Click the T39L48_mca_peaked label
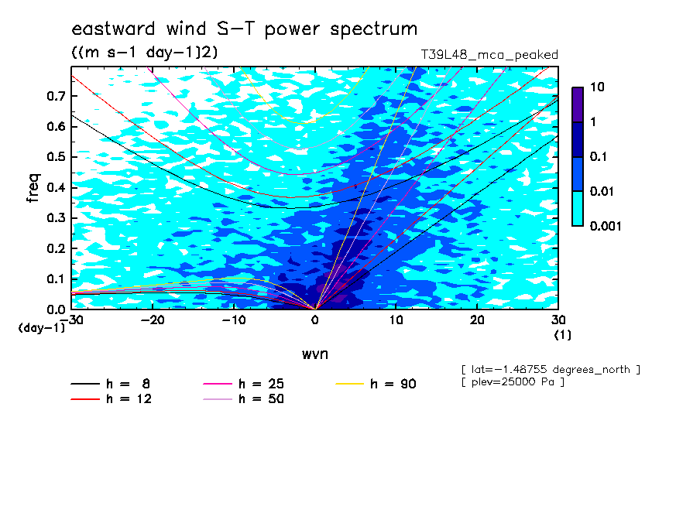pyautogui.click(x=489, y=55)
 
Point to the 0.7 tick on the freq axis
pyautogui.click(x=57, y=96)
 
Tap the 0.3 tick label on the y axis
pyautogui.click(x=57, y=217)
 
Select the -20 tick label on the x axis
pyautogui.click(x=153, y=320)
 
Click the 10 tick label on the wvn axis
pyautogui.click(x=396, y=320)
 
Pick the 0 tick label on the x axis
pyautogui.click(x=315, y=320)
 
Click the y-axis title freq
pyautogui.click(x=33, y=188)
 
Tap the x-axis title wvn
pyautogui.click(x=314, y=354)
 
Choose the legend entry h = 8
pyautogui.click(x=110, y=384)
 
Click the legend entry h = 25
pyautogui.click(x=243, y=384)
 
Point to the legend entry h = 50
pyautogui.click(x=243, y=399)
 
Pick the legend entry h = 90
pyautogui.click(x=376, y=384)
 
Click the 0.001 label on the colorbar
pyautogui.click(x=606, y=226)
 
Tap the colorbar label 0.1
pyautogui.click(x=598, y=156)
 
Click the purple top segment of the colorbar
pyautogui.click(x=578, y=105)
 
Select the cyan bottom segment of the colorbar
pyautogui.click(x=578, y=209)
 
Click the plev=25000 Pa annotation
pyautogui.click(x=513, y=382)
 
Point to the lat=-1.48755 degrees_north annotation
pyautogui.click(x=551, y=370)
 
